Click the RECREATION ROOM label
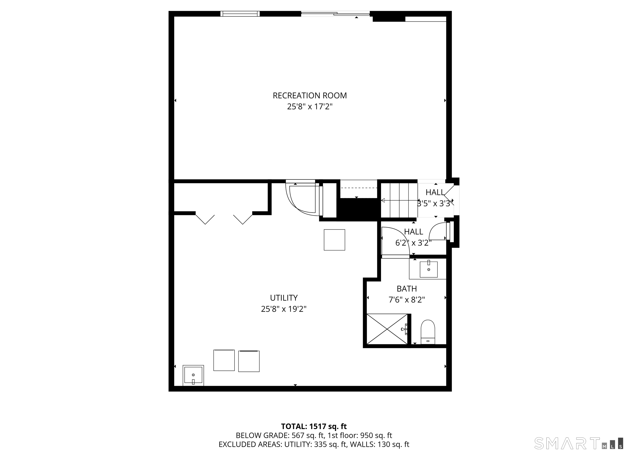tap(310, 95)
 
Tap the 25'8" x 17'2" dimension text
tap(310, 107)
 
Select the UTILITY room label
tap(284, 298)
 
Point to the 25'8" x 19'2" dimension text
tap(284, 309)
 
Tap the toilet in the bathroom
tap(428, 332)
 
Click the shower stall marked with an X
tap(387, 329)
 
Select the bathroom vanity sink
tap(429, 269)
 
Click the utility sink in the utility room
tap(193, 375)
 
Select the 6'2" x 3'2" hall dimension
tap(413, 243)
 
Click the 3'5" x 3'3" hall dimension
tap(435, 204)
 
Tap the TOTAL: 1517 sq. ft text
tap(314, 426)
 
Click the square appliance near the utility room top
tap(334, 240)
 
